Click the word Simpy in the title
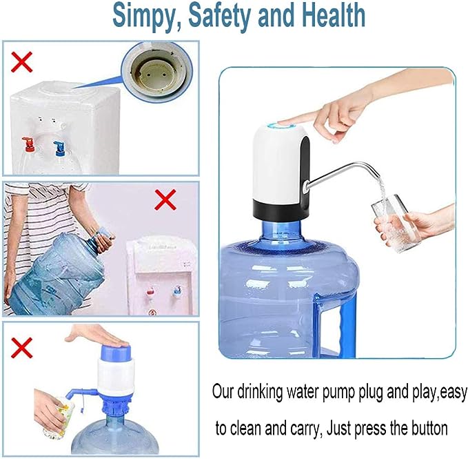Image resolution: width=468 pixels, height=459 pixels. (145, 16)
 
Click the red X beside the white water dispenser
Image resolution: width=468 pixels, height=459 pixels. (21, 61)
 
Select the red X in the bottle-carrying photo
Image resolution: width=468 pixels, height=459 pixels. (165, 199)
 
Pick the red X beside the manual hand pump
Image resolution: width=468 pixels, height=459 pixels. (21, 348)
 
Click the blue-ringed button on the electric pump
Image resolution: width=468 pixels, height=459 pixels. (282, 125)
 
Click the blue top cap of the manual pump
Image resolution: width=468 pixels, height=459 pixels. (116, 352)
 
